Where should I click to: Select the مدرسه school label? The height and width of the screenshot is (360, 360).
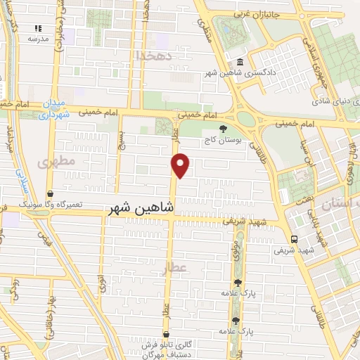[37, 39]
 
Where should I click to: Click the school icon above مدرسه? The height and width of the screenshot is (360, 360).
[38, 28]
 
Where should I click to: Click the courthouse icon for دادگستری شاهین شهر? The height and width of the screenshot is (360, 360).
[241, 63]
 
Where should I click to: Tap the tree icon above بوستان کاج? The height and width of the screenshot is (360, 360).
[224, 129]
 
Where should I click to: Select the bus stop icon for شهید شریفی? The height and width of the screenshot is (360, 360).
[295, 238]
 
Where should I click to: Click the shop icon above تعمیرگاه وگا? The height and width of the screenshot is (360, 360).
[51, 193]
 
